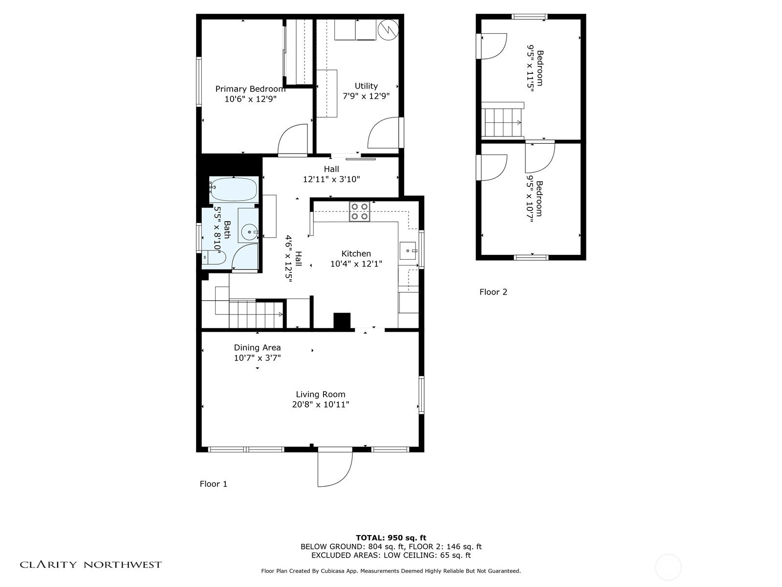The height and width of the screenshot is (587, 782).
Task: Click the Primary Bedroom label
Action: (x=250, y=89)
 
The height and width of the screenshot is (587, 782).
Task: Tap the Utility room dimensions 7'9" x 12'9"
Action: (x=366, y=96)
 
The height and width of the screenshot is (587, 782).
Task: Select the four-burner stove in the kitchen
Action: (x=359, y=211)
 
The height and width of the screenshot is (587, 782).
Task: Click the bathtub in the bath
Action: (x=233, y=190)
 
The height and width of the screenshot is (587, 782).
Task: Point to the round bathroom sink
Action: (x=249, y=232)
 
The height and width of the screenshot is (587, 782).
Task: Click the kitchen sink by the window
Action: (x=408, y=250)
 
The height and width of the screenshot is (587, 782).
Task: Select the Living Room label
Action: (x=320, y=394)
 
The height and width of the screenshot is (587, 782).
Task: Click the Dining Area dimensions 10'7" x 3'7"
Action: (x=257, y=358)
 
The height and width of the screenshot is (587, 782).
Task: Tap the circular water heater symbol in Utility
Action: (x=388, y=29)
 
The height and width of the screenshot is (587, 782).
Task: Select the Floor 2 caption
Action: (x=493, y=292)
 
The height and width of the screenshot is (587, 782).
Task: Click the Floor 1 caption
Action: (x=213, y=484)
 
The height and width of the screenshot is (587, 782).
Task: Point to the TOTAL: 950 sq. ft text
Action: (x=391, y=538)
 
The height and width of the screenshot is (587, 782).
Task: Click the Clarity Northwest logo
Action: (x=90, y=564)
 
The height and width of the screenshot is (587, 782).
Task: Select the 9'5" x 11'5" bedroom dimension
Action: (x=530, y=68)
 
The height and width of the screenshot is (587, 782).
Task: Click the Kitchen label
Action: (x=356, y=253)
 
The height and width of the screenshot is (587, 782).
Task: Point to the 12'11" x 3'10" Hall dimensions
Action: (x=331, y=179)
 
